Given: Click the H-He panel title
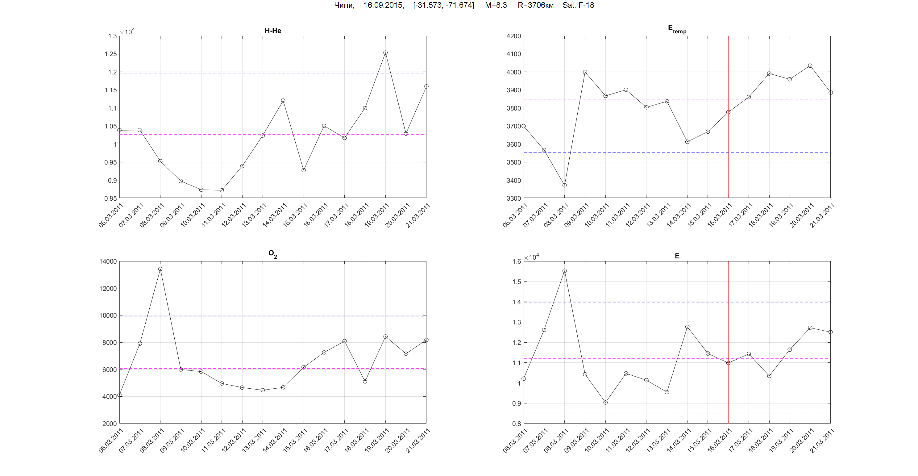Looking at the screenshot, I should tap(272, 31).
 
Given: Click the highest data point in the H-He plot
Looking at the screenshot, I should tap(385, 53).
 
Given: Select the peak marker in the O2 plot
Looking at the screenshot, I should tap(160, 269).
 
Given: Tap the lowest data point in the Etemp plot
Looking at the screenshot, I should tap(564, 186).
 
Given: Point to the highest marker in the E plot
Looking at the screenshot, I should tap(564, 271).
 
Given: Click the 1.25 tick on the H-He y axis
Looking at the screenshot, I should tap(110, 54).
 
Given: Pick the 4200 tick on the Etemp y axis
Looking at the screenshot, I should tap(513, 36).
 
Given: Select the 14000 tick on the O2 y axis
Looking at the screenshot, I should tap(108, 261).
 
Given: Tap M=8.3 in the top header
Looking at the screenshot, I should tap(496, 5).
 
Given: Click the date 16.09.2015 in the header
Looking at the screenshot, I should tap(384, 5).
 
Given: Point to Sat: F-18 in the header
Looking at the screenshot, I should tap(578, 5).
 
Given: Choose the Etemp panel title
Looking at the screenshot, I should tap(677, 29).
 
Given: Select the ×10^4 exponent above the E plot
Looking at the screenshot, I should tap(531, 257).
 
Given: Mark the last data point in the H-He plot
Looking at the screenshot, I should tap(426, 86).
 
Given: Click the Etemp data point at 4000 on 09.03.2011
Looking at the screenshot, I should tap(585, 72).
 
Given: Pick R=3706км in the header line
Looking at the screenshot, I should tap(536, 5).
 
